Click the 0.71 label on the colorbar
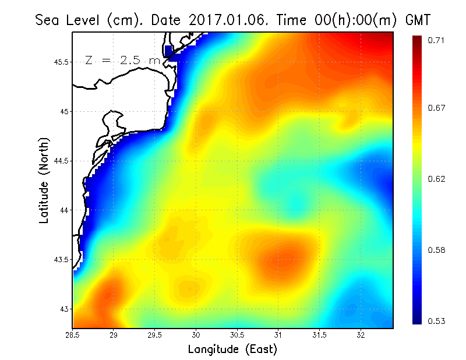coord(437,40)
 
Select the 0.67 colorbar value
coord(437,108)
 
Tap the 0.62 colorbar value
coord(437,179)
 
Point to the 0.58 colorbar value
coord(437,250)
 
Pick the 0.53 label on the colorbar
coord(437,321)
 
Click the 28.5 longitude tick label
coord(73,335)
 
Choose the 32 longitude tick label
coord(361,335)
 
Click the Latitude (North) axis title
coord(44,180)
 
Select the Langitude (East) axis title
coord(232,349)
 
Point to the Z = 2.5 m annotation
coord(122,61)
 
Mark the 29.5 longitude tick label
coord(155,335)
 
